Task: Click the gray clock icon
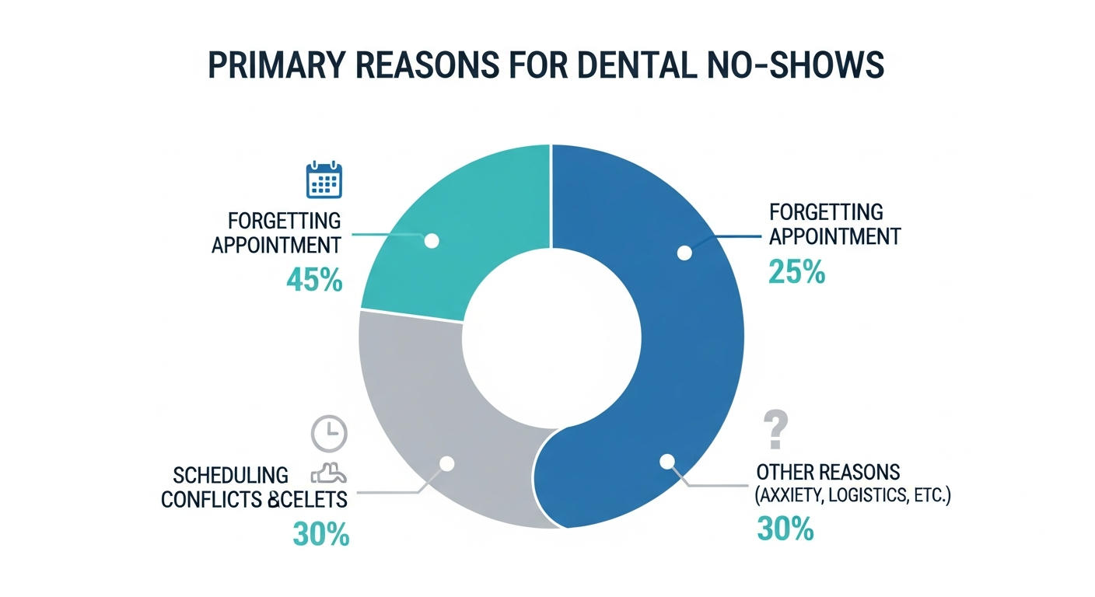click(330, 434)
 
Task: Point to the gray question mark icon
click(775, 430)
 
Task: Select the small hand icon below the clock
click(329, 473)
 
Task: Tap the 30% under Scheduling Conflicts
click(320, 534)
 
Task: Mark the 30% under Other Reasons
click(785, 529)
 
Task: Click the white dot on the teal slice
click(432, 241)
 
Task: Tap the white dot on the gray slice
click(446, 463)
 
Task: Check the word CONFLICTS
click(210, 498)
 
